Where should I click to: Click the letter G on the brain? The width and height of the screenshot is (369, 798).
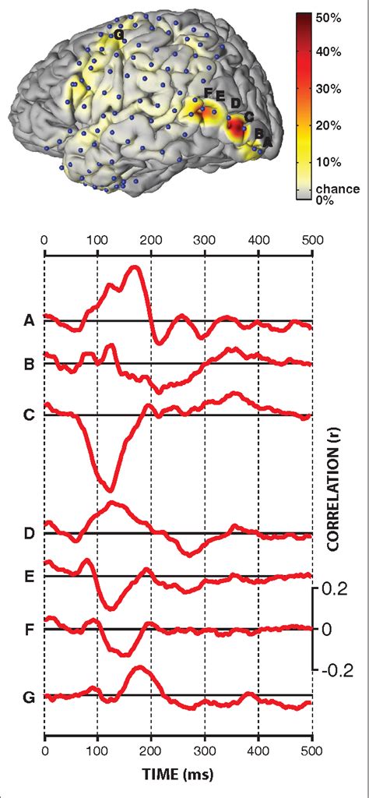pos(118,35)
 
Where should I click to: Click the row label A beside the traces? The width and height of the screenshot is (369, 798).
pos(29,320)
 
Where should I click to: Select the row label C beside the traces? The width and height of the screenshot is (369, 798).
pos(29,414)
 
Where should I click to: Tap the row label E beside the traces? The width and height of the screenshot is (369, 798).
pos(29,576)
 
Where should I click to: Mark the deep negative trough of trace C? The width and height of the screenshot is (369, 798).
pos(110,490)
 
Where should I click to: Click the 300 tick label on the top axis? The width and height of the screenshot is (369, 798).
pos(205,240)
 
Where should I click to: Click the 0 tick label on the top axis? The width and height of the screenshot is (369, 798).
pos(44,240)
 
